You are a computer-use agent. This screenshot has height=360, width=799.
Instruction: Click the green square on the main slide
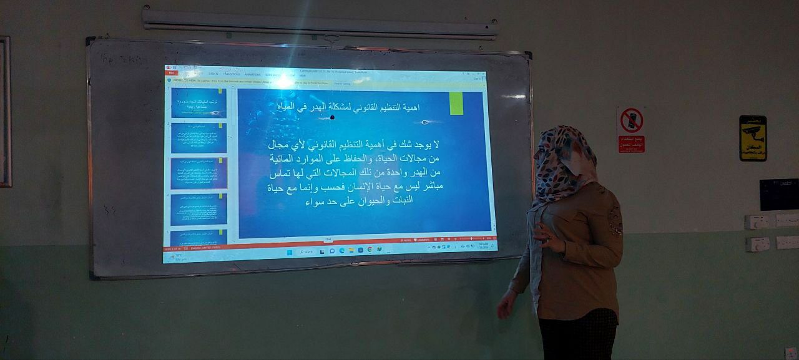(x=456, y=104)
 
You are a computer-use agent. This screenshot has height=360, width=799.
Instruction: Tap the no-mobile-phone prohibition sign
(x=631, y=129)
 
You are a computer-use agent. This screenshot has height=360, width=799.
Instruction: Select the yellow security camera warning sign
(x=752, y=138)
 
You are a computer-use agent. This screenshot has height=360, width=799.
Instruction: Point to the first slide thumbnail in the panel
(x=199, y=103)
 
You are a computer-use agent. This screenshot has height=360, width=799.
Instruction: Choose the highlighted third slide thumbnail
(x=199, y=173)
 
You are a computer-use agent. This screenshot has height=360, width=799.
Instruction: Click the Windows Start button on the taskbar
(x=289, y=252)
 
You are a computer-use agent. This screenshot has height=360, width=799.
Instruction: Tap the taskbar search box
(x=306, y=252)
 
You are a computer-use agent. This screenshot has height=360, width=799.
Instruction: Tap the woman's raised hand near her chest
(x=543, y=235)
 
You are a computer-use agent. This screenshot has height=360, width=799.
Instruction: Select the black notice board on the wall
(x=778, y=194)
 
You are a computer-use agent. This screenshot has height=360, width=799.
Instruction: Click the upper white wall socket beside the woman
(x=757, y=221)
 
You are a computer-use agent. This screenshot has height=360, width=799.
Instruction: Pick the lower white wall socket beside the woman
(x=757, y=244)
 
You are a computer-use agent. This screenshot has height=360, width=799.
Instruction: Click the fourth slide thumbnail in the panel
(x=199, y=209)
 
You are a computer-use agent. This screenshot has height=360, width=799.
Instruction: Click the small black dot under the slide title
(x=332, y=117)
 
